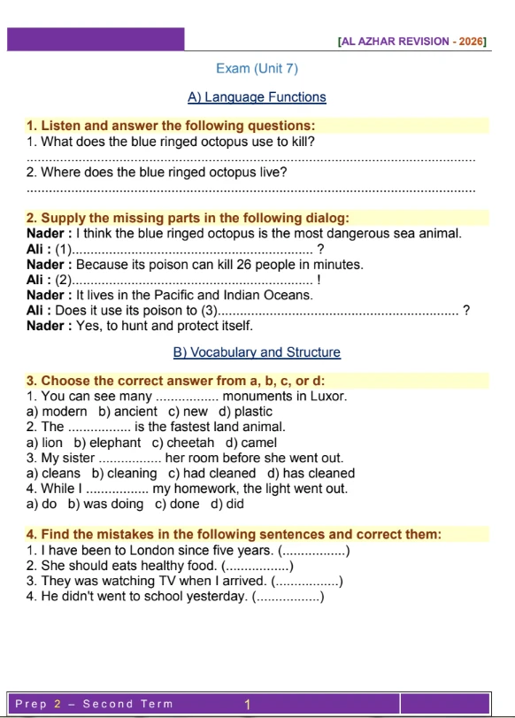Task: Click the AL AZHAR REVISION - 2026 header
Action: (x=413, y=42)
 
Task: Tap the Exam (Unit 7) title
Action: (x=257, y=68)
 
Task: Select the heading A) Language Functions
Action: (x=257, y=97)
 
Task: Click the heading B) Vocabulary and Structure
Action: (x=257, y=352)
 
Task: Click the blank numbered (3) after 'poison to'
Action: (x=336, y=311)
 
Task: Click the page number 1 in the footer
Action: (x=249, y=705)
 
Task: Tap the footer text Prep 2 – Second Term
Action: (x=94, y=705)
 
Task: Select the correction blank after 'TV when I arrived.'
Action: (x=307, y=582)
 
